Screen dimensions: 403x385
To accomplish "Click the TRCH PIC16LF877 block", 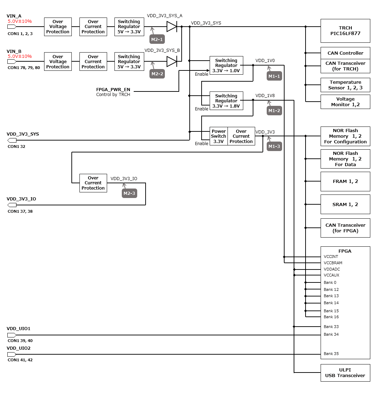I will [x=345, y=31].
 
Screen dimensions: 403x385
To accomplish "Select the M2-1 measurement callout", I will [x=157, y=40].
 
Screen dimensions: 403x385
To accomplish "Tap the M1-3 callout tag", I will [x=274, y=146].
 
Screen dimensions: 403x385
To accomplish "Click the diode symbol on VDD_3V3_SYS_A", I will [x=171, y=27].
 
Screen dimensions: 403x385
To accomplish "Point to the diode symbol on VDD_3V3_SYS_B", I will [x=171, y=62].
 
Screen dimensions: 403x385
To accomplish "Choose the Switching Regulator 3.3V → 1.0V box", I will [x=226, y=66].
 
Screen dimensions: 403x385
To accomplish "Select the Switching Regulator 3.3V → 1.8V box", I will [x=226, y=101].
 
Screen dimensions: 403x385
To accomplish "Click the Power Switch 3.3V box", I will [x=219, y=136].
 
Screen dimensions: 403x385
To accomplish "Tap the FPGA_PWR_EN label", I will [x=113, y=90].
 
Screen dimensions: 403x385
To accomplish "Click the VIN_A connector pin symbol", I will [x=12, y=27].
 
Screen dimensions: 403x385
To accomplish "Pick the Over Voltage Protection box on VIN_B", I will [x=58, y=62].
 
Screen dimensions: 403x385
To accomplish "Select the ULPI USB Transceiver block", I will [x=345, y=373].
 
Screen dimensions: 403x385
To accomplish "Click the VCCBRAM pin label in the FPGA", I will [x=333, y=263].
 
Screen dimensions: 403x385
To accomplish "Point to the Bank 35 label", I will [x=331, y=354].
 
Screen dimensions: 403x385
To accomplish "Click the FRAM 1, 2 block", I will [x=345, y=182].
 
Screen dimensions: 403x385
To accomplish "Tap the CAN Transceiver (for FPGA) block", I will [x=345, y=228].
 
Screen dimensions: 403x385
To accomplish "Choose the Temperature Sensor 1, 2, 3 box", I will [x=345, y=85].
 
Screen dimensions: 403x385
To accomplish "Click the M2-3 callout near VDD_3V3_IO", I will [x=129, y=193].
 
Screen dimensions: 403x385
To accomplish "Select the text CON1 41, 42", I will [x=20, y=360].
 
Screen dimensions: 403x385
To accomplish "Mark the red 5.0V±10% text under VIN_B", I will [x=20, y=56].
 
